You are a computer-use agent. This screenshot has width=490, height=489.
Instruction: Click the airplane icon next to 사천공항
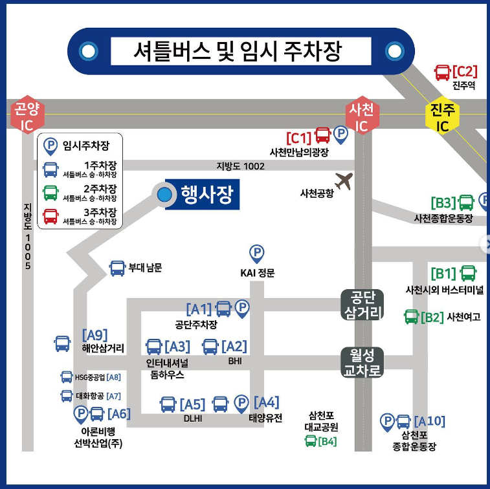tap(343, 181)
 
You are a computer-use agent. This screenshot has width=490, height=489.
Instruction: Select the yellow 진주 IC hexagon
tap(443, 117)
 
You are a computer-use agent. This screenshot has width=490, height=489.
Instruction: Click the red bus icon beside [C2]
tap(443, 72)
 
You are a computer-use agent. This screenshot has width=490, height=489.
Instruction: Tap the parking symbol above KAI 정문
tap(257, 254)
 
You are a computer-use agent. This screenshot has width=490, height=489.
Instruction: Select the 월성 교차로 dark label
tap(362, 363)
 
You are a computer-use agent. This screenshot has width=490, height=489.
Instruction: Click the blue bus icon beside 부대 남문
tap(117, 268)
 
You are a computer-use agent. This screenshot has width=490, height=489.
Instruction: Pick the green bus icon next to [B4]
tap(311, 442)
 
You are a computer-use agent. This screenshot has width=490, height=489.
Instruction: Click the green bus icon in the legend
tap(50, 193)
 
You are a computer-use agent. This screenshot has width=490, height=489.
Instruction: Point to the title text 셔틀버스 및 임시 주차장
tap(241, 50)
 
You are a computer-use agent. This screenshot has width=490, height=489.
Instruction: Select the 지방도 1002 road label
tap(240, 166)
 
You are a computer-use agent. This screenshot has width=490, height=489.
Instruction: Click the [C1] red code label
tap(299, 137)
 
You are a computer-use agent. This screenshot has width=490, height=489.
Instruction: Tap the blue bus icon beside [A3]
tap(153, 347)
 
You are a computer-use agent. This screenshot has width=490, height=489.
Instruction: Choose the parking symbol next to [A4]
tap(241, 404)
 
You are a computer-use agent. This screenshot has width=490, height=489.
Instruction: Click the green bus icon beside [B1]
tap(467, 274)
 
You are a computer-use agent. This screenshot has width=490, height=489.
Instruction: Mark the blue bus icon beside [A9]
tap(62, 343)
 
